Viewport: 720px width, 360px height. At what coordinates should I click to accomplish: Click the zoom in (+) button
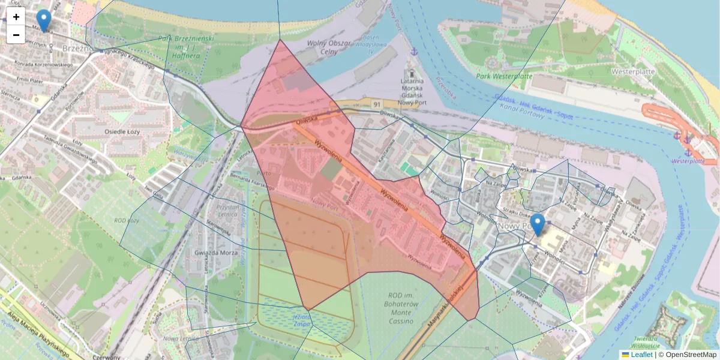[16, 17]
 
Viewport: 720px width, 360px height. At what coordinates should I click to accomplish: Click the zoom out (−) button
[16, 35]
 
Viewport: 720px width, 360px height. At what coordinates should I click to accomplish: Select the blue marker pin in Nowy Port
[538, 224]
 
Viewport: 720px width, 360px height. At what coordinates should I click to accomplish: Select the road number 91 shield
[377, 104]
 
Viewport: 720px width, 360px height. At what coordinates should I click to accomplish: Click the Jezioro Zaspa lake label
[302, 319]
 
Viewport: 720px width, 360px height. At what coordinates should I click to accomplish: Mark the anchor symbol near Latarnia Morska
[413, 52]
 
